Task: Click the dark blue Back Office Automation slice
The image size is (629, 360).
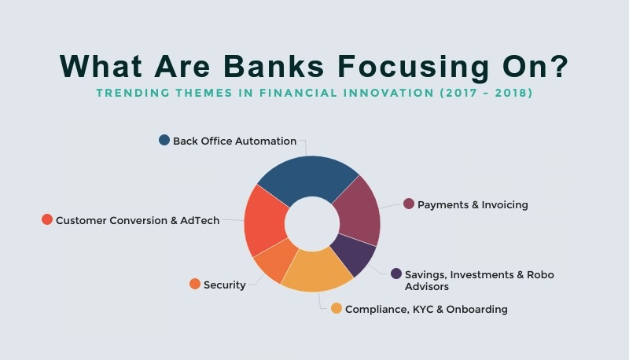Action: tap(309, 176)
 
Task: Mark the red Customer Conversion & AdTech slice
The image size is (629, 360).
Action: tap(265, 221)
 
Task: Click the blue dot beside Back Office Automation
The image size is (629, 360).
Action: tap(164, 140)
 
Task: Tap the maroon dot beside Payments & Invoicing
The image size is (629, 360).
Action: tap(409, 204)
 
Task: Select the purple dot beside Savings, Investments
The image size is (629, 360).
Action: tap(396, 274)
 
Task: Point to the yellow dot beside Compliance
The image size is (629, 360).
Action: tap(337, 308)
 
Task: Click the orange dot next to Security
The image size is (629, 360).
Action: tap(195, 284)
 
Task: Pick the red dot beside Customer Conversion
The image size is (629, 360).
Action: tap(47, 219)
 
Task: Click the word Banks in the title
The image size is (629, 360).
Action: tap(274, 66)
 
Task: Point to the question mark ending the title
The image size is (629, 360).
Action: tap(558, 66)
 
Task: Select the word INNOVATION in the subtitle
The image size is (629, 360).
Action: tap(388, 93)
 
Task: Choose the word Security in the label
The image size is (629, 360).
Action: tap(225, 285)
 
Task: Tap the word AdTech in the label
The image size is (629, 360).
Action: tap(200, 221)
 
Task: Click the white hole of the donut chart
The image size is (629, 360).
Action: tap(312, 224)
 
